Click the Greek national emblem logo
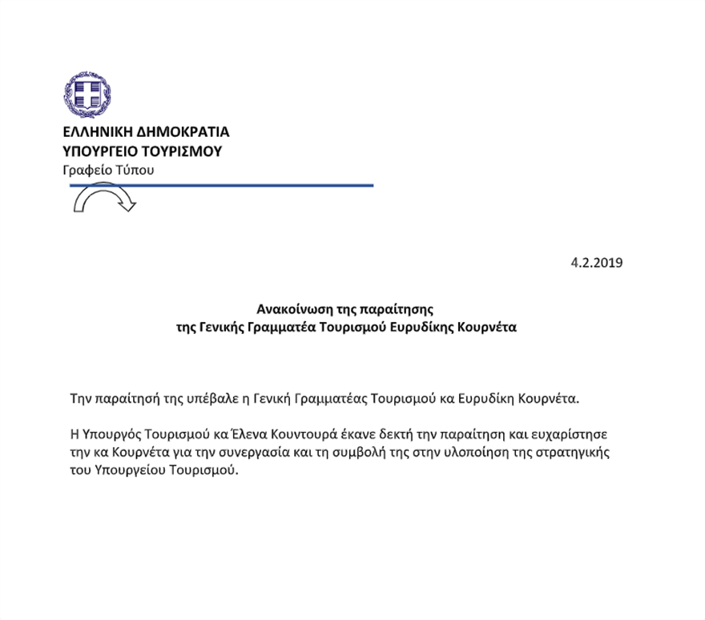coord(87,95)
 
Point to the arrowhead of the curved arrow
coord(127,205)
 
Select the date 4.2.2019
coord(596,262)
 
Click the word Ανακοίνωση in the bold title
coord(292,308)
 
